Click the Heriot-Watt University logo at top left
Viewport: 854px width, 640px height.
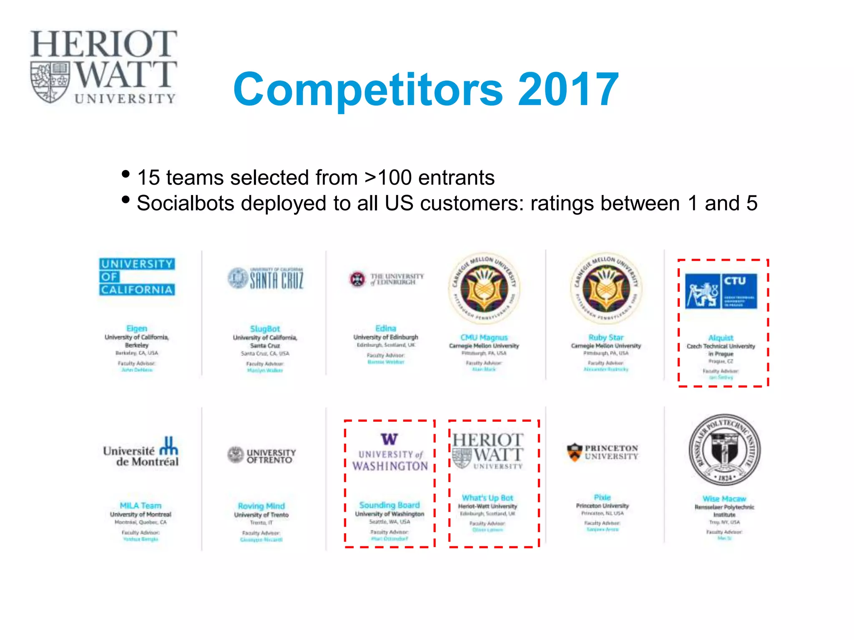103,67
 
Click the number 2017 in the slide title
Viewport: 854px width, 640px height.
568,89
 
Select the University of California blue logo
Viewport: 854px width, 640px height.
137,277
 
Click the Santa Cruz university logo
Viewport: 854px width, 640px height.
266,278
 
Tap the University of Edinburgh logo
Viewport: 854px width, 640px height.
386,279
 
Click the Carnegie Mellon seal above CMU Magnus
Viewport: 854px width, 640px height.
484,288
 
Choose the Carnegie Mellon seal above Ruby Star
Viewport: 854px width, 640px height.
606,288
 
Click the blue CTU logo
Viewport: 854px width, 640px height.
721,291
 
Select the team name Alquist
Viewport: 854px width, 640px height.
721,337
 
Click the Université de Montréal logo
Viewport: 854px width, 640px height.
141,452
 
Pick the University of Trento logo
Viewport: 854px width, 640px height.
262,455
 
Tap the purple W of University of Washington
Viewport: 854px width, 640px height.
389,439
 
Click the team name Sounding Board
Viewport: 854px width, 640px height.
389,505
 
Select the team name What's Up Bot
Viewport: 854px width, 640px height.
487,498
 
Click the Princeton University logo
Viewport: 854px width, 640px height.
603,452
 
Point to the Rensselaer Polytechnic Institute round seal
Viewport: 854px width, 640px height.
724,449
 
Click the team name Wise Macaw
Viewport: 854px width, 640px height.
724,499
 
